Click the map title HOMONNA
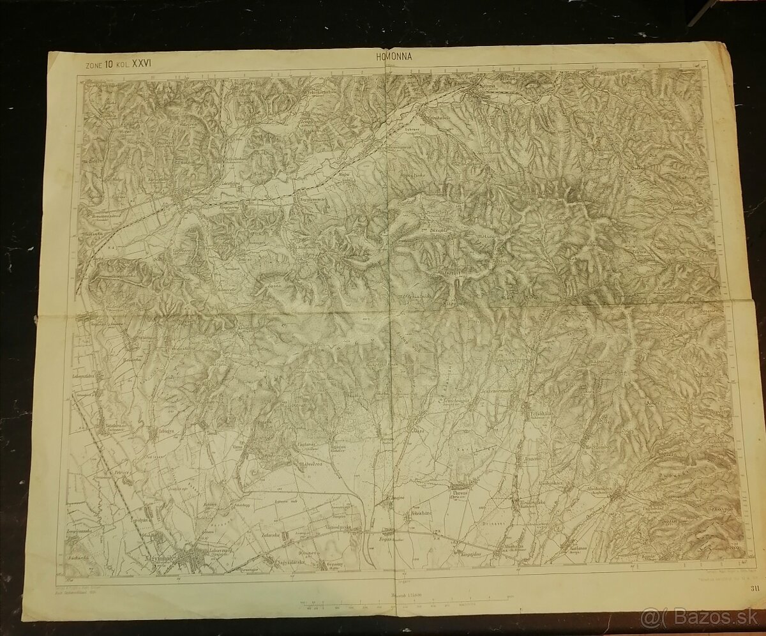click(390, 56)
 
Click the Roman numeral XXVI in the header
click(142, 64)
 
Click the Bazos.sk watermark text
click(709, 617)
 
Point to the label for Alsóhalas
click(513, 546)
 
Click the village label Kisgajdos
click(469, 554)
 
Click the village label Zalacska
click(271, 535)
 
